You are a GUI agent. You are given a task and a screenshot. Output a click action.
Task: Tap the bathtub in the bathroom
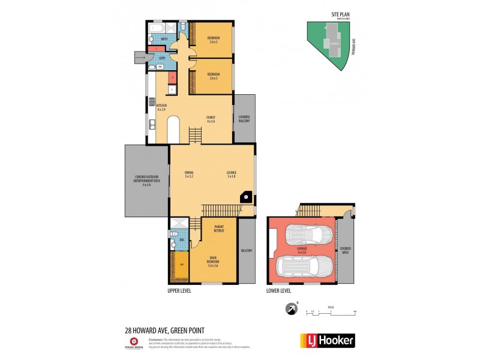(x=158, y=28)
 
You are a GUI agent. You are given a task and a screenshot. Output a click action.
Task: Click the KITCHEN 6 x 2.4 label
(x=161, y=107)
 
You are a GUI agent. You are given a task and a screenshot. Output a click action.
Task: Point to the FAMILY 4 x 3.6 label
(x=211, y=119)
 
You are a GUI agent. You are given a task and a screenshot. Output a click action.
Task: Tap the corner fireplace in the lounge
(x=245, y=196)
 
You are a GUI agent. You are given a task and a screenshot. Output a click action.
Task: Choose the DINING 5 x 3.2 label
(x=189, y=175)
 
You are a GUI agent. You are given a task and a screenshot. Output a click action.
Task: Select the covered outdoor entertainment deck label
(x=147, y=182)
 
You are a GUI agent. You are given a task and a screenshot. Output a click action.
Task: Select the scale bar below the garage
(x=331, y=311)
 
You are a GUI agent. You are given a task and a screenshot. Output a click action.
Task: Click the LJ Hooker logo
(x=327, y=340)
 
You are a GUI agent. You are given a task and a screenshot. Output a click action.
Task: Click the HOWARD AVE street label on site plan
(x=353, y=46)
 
